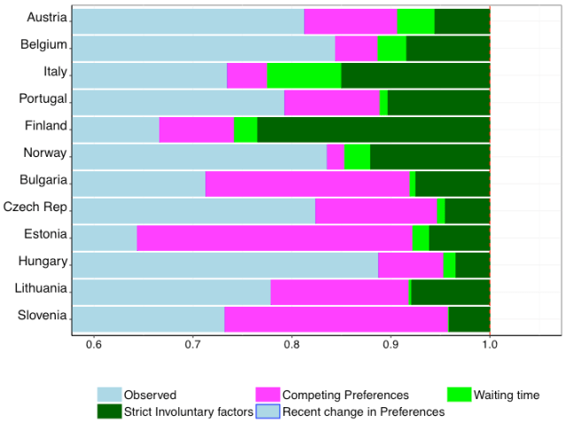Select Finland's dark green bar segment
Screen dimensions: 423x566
click(x=373, y=129)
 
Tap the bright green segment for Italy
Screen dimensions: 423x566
click(x=304, y=76)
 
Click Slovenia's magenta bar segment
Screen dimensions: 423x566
click(x=337, y=319)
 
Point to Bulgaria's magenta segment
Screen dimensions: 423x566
click(x=307, y=184)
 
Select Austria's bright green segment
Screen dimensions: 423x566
click(x=415, y=21)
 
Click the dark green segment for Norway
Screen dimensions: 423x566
click(x=430, y=157)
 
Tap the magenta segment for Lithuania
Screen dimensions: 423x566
click(x=339, y=292)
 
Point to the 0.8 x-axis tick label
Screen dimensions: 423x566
click(x=291, y=345)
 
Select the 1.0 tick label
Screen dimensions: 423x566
click(x=489, y=345)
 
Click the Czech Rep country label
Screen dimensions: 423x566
click(x=35, y=208)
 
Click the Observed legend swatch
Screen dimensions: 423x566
click(x=108, y=395)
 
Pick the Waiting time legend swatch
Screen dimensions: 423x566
click(x=459, y=395)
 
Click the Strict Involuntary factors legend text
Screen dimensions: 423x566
click(x=189, y=411)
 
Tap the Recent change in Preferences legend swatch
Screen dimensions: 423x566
click(x=267, y=411)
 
